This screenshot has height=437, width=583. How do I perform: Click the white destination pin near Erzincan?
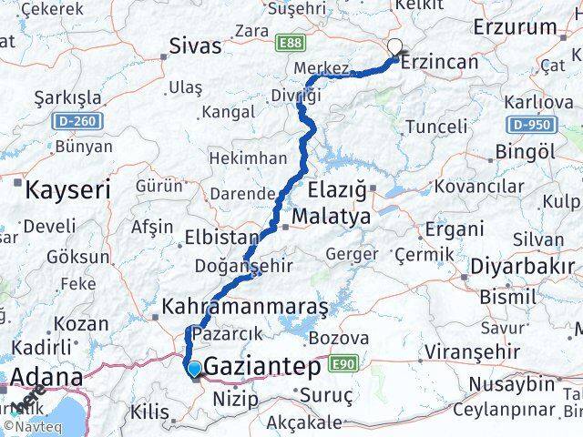pyautogui.click(x=394, y=48)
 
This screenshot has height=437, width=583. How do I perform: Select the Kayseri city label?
pyautogui.click(x=67, y=190)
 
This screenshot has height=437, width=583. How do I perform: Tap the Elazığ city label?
pyautogui.click(x=338, y=191)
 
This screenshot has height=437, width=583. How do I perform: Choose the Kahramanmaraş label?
pyautogui.click(x=244, y=307)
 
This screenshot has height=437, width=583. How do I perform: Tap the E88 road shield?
pyautogui.click(x=291, y=43)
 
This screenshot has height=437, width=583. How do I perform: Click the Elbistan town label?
pyautogui.click(x=220, y=238)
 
